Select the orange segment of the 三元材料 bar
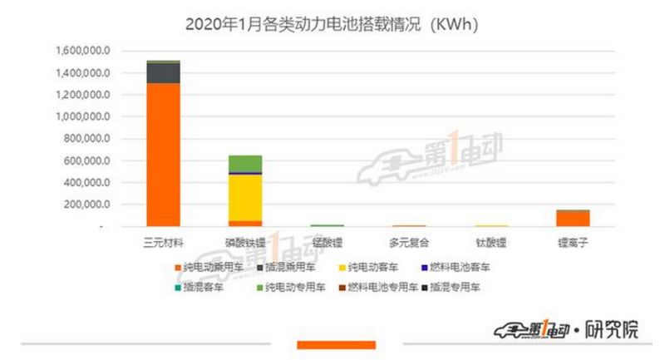click(x=163, y=154)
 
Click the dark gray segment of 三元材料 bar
click(x=163, y=72)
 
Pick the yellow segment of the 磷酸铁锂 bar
click(x=245, y=197)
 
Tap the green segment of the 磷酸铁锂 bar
click(x=245, y=163)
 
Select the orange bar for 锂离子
click(x=573, y=218)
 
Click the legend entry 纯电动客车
click(x=374, y=268)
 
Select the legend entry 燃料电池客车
click(x=462, y=268)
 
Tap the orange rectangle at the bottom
click(x=336, y=344)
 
